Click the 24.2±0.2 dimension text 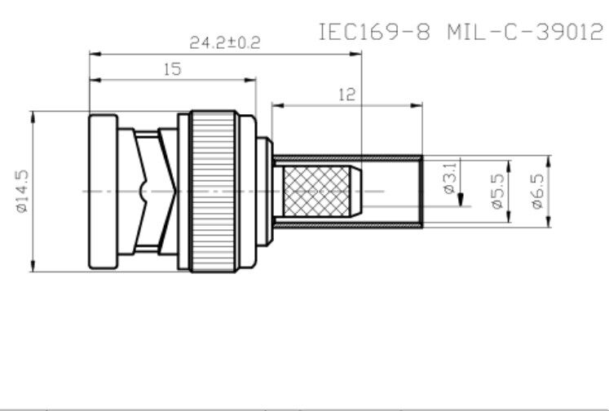click(x=224, y=42)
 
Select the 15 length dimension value click(x=172, y=69)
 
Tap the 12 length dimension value click(x=346, y=95)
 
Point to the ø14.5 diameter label click(x=22, y=191)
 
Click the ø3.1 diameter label click(x=448, y=177)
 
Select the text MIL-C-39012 click(x=525, y=33)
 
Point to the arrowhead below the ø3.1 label click(x=460, y=201)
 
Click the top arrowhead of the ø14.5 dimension click(x=33, y=116)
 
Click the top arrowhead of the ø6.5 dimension click(x=549, y=159)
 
